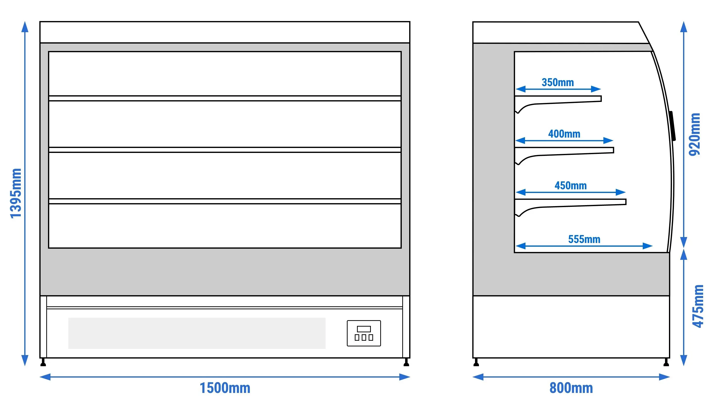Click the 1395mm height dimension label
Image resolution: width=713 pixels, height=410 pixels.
[16, 193]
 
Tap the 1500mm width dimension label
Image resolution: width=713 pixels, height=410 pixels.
[225, 388]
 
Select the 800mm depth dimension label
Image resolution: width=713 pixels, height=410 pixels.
[571, 388]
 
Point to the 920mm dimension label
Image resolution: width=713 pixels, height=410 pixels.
[694, 134]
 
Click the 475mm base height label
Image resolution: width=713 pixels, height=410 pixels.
[698, 306]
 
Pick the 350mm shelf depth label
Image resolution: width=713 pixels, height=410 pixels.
[558, 82]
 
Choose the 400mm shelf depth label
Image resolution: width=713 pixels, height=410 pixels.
[564, 134]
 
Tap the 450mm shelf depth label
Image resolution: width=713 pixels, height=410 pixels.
[570, 186]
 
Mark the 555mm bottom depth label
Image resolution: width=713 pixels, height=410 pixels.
[584, 239]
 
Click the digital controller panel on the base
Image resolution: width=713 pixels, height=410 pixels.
[364, 333]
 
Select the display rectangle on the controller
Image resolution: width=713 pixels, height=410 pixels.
[364, 329]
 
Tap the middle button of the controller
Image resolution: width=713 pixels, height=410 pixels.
[364, 337]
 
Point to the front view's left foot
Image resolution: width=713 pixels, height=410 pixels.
[43, 362]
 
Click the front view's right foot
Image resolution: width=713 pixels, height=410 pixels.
[406, 362]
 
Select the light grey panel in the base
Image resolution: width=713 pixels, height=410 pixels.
[197, 333]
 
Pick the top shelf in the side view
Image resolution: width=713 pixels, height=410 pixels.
[558, 102]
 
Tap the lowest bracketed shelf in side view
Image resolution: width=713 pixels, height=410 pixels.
[570, 205]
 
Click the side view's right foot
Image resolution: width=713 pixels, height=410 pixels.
[666, 362]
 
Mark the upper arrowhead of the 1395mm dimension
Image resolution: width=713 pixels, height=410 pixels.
[25, 27]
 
